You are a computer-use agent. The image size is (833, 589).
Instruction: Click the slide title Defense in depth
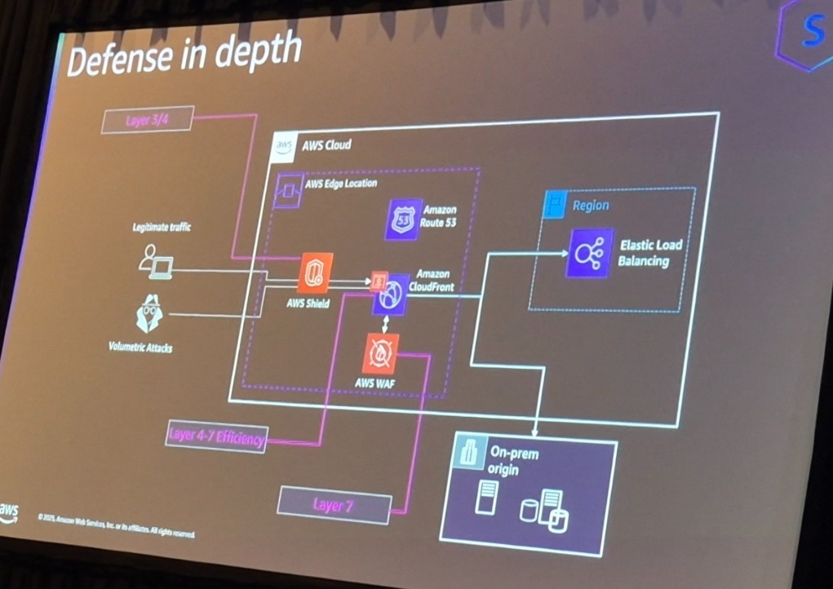point(183,56)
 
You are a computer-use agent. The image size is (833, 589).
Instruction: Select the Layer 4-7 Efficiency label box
point(216,436)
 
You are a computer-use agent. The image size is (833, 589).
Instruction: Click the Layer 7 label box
point(333,505)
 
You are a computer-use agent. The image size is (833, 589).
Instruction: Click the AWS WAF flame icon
point(380,352)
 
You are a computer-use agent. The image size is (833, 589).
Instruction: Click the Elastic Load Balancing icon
point(590,254)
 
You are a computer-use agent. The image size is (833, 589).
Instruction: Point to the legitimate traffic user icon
point(155,261)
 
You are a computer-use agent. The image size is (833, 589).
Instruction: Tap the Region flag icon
point(556,204)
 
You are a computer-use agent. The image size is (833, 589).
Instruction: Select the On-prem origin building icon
point(469,454)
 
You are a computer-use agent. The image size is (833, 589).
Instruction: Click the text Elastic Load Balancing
point(649,253)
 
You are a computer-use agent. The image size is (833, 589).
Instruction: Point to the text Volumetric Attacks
point(140,347)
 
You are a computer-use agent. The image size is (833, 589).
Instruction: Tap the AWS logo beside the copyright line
point(9,511)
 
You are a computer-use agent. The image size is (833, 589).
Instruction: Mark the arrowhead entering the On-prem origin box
point(534,432)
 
